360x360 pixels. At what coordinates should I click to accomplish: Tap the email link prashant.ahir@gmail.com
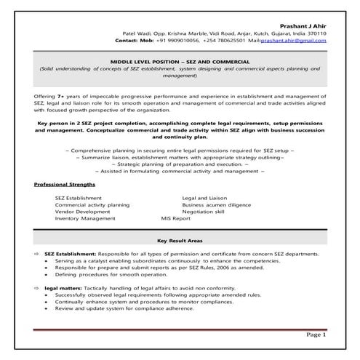[x=295, y=41]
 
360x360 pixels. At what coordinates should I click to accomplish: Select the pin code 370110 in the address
[x=317, y=33]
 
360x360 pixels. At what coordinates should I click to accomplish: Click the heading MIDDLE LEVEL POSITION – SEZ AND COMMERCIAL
[x=180, y=63]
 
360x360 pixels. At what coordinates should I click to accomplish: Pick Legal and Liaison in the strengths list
[x=204, y=198]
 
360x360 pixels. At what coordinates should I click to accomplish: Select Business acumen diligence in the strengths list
[x=217, y=204]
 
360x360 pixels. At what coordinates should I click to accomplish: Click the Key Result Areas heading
[x=180, y=240]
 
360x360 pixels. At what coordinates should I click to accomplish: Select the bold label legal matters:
[x=63, y=289]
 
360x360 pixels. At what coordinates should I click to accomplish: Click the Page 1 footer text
[x=315, y=335]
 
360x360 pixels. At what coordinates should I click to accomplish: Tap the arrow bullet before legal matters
[x=37, y=289]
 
